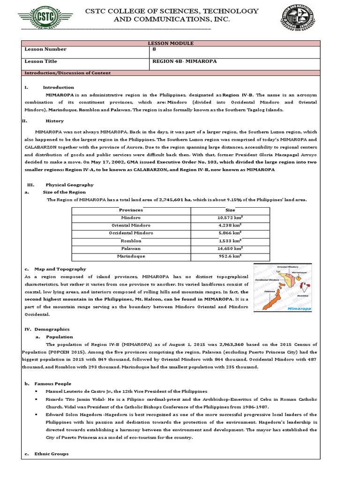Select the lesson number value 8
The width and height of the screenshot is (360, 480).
click(x=155, y=49)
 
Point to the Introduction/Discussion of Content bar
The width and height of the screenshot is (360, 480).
click(x=67, y=73)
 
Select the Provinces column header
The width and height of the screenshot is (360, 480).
click(x=131, y=210)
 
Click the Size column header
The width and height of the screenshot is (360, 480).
click(x=230, y=210)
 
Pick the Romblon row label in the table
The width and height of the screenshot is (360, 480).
click(x=131, y=241)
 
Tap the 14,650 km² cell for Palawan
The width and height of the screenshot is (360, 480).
click(x=230, y=248)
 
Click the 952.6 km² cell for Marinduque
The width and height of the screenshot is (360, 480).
click(x=230, y=256)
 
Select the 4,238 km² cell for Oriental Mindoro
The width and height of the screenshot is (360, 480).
click(x=230, y=225)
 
